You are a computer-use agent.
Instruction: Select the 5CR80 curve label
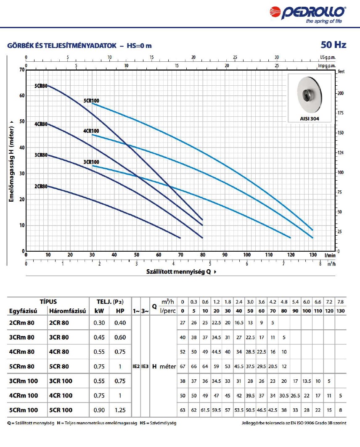point(41,86)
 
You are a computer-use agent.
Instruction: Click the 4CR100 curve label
point(91,131)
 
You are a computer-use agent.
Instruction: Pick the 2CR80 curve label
point(41,186)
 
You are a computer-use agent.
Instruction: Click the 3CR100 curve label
point(91,162)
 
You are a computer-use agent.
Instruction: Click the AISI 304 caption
point(310,119)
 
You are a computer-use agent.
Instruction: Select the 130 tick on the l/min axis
point(312,255)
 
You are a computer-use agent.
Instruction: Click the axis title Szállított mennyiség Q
point(178,271)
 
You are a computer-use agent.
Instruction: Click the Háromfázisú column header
point(67,311)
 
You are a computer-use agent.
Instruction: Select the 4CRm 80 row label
point(21,352)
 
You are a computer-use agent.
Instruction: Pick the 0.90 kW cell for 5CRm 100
point(99,410)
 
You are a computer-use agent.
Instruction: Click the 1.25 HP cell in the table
point(120,410)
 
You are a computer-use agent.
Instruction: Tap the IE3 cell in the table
point(145,366)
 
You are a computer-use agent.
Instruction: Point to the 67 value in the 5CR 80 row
point(183,366)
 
